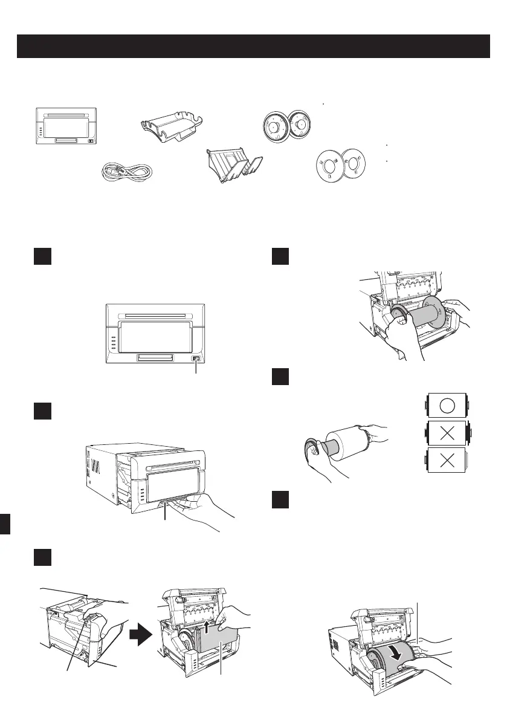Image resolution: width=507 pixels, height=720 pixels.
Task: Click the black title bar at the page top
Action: pos(253,47)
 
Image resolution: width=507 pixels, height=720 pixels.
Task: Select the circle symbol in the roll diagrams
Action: pos(447,405)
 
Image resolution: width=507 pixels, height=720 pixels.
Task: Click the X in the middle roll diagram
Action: pos(447,433)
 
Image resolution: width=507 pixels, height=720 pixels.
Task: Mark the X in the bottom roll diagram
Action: pos(447,461)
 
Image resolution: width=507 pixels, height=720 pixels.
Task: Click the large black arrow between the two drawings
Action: pos(140,635)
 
